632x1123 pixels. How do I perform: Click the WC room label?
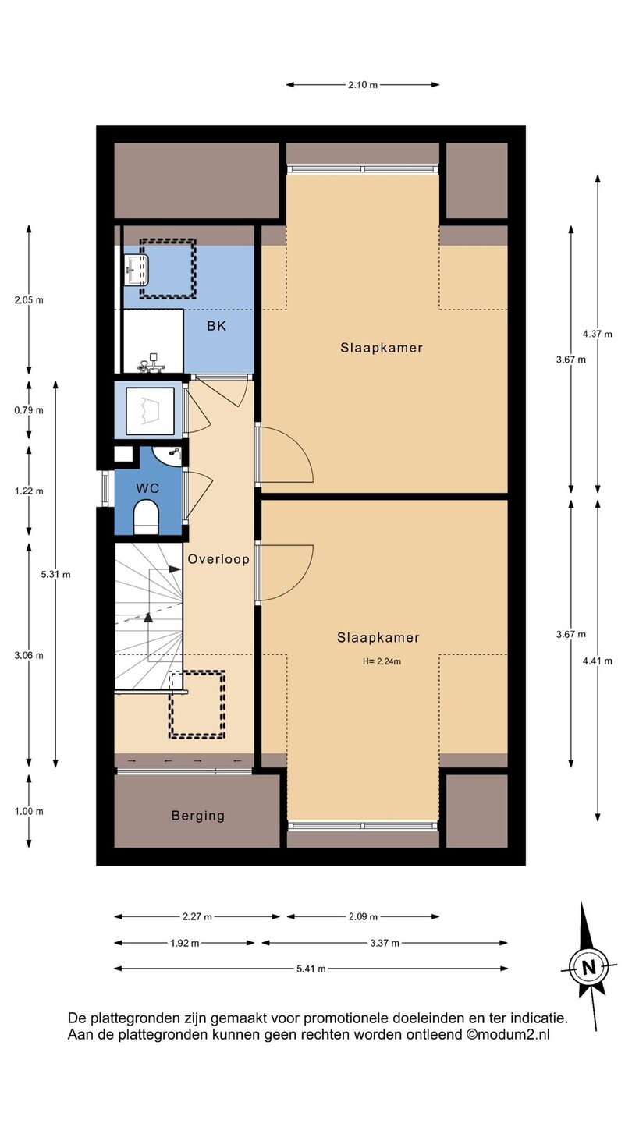[x=147, y=488]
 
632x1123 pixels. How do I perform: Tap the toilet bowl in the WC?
[x=146, y=517]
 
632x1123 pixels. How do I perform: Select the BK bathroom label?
[x=217, y=326]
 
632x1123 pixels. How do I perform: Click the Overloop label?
[x=218, y=559]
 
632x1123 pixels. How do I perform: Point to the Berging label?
[x=198, y=816]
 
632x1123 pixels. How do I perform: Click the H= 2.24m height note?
[x=382, y=661]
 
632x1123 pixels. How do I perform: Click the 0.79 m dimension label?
[x=29, y=410]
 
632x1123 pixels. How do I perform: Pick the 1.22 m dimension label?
[x=29, y=491]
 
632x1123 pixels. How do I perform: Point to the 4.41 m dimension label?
[x=598, y=661]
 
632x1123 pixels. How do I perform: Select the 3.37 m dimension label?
[x=385, y=943]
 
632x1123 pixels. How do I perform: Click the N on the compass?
[x=588, y=967]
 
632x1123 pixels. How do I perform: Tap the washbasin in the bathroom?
[x=136, y=270]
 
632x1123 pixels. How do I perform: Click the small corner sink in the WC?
[x=169, y=455]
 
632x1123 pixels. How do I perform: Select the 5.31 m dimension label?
[x=55, y=575]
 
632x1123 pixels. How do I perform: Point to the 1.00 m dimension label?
[x=29, y=812]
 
